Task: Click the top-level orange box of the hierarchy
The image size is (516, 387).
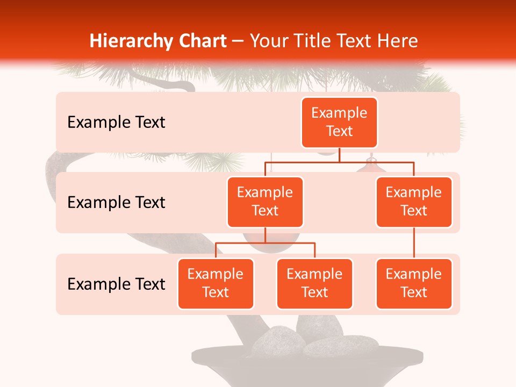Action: (x=339, y=122)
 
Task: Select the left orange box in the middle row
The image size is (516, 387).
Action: (x=265, y=202)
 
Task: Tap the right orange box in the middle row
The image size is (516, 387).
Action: (x=414, y=202)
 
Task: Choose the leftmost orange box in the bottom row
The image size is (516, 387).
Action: (x=216, y=283)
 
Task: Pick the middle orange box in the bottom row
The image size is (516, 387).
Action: (x=314, y=283)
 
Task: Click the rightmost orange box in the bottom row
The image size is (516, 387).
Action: (x=414, y=283)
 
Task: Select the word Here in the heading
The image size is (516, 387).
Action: (x=398, y=41)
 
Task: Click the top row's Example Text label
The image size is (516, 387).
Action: (x=116, y=122)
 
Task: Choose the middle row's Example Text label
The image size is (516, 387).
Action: (x=116, y=202)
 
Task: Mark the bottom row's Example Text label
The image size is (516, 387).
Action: (x=116, y=284)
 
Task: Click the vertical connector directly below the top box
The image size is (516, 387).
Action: (x=339, y=155)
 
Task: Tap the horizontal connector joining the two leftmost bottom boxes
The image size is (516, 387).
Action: (x=265, y=243)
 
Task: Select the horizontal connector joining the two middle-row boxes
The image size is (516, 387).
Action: (x=339, y=162)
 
